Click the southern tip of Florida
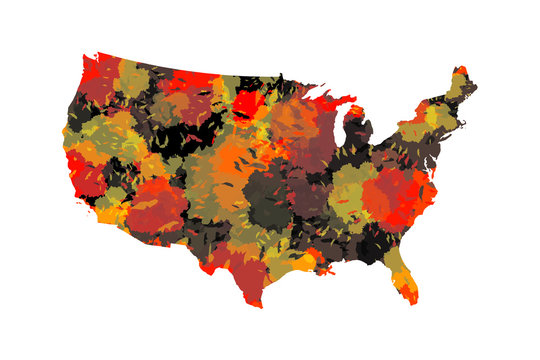[411, 302]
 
